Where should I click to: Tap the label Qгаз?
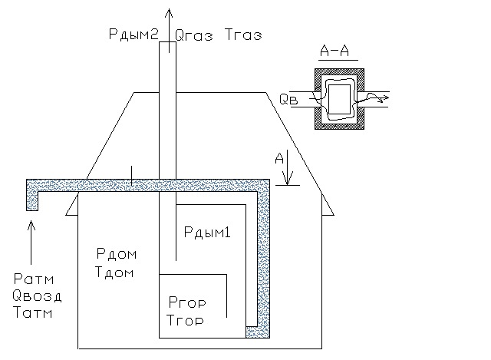click(192, 34)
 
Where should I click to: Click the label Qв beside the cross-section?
click(286, 99)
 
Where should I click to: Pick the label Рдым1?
click(206, 232)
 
